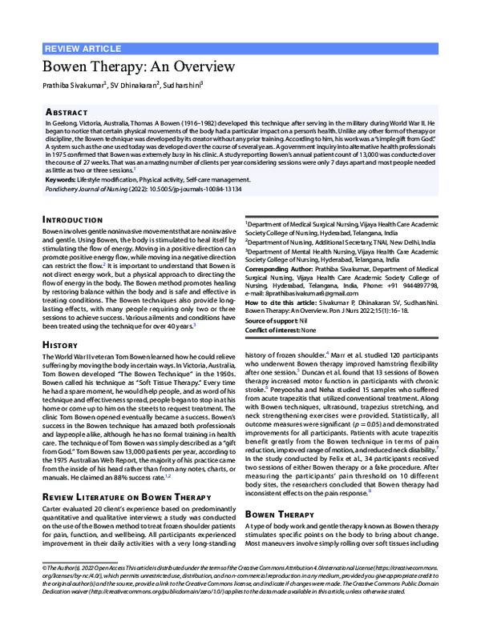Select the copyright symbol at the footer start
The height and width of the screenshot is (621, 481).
[45, 567]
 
